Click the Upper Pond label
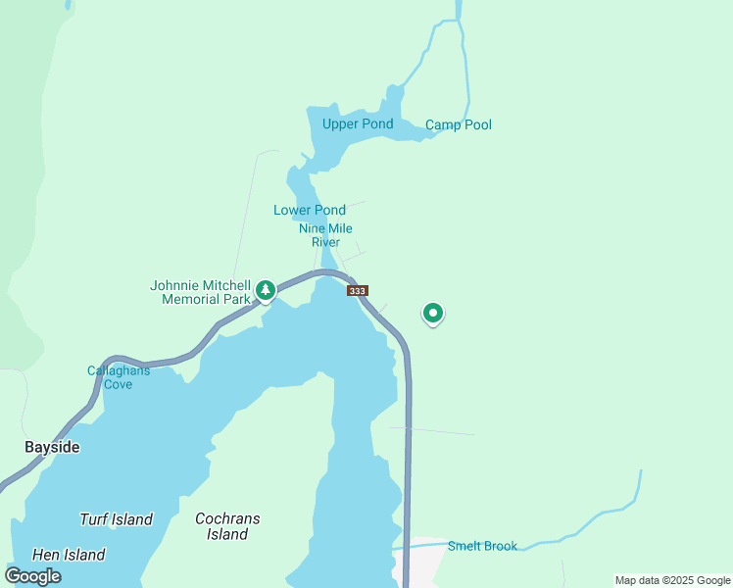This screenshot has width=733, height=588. [358, 123]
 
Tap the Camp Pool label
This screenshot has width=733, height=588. [458, 124]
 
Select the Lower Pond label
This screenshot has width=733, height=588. [309, 210]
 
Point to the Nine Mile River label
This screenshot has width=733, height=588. [325, 235]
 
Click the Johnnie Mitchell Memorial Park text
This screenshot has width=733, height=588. [200, 292]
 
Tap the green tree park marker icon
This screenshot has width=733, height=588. [266, 291]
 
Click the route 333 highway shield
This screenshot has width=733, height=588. [358, 291]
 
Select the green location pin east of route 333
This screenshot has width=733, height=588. [433, 313]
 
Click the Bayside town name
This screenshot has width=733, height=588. [52, 447]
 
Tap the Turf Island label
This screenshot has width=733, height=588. [116, 519]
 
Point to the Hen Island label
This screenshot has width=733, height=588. [69, 555]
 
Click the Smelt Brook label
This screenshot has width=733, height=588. [482, 546]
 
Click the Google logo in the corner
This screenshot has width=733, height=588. [33, 576]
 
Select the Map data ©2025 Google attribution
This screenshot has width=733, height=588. [672, 580]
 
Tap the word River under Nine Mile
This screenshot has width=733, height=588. [325, 242]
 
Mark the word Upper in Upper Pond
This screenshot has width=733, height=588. [341, 123]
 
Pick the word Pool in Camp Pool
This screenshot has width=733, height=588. [477, 124]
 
